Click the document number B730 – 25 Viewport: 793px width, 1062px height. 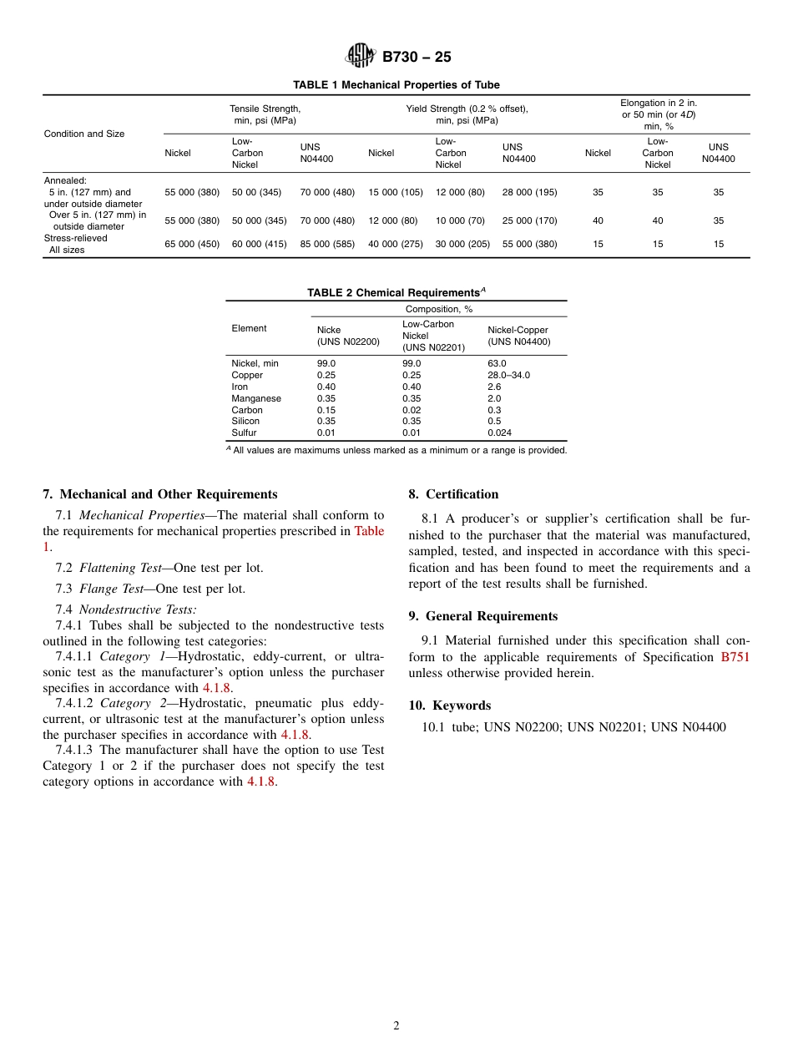click(x=416, y=57)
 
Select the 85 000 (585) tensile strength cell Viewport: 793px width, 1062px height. click(x=327, y=244)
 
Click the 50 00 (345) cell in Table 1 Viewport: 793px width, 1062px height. click(x=256, y=192)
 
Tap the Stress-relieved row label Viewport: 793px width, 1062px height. click(x=76, y=238)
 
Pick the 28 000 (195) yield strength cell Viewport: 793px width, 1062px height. click(x=529, y=192)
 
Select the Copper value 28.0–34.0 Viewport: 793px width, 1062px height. click(x=508, y=375)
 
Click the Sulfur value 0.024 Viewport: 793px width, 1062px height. click(x=499, y=432)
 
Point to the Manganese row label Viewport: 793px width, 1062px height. click(x=256, y=398)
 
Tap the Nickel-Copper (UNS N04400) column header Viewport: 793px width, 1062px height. click(x=518, y=336)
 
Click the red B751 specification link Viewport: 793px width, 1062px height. click(x=735, y=657)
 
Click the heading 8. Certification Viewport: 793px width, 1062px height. click(x=453, y=494)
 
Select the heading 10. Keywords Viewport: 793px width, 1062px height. click(x=450, y=705)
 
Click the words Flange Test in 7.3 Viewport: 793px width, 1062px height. click(x=112, y=589)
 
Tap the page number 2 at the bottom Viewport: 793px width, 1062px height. click(x=396, y=1026)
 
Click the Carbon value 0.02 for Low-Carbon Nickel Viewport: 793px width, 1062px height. click(x=412, y=410)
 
